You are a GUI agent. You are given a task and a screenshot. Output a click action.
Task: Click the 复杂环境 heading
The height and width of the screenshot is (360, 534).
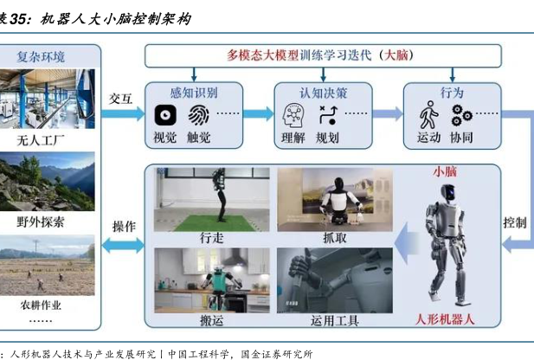tap(53, 56)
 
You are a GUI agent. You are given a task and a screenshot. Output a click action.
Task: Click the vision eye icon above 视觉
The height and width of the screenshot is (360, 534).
tap(164, 114)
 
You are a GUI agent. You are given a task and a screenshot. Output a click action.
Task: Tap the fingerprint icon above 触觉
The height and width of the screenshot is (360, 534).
tap(198, 114)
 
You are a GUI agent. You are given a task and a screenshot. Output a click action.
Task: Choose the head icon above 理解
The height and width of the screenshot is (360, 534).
tap(293, 114)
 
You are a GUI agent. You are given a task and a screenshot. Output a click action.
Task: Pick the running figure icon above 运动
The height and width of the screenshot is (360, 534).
tap(428, 114)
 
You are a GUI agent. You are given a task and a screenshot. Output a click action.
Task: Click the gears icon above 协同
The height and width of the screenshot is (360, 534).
tap(462, 114)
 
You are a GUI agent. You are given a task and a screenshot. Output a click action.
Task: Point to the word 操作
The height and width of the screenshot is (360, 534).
tap(123, 226)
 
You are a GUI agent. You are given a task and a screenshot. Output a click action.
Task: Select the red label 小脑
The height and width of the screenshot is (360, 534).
tap(444, 171)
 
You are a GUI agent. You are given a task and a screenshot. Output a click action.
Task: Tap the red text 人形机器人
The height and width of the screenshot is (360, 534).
tap(445, 318)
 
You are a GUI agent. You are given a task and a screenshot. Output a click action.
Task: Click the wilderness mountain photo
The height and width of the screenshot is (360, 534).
tap(53, 183)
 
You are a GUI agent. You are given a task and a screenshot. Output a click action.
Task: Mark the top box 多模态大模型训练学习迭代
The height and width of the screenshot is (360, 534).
tap(322, 55)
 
